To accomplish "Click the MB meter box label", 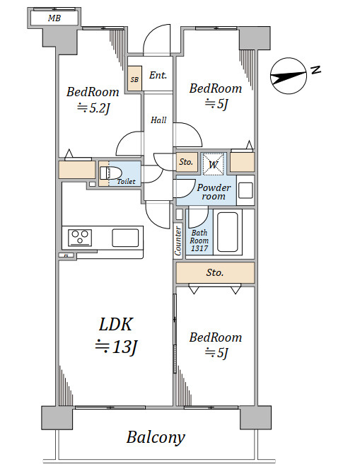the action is [x=54, y=18].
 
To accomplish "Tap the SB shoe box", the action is [x=134, y=79].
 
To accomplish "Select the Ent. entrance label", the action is [x=158, y=75].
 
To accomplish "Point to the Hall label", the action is [x=158, y=120].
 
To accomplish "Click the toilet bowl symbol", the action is [x=110, y=173].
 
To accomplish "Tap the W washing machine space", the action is [x=213, y=164].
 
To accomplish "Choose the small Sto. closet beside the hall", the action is [x=187, y=162].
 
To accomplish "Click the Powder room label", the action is [x=214, y=192].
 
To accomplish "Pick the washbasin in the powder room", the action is [x=245, y=190].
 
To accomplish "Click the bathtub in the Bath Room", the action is [x=228, y=232].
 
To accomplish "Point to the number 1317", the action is [x=199, y=248].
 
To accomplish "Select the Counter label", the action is [x=178, y=241].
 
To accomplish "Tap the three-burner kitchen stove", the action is [x=80, y=238].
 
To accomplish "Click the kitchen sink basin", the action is [x=125, y=238].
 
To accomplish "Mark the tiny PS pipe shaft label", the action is [x=66, y=256].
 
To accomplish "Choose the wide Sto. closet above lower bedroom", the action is [x=215, y=272].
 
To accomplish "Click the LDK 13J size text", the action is [x=116, y=347].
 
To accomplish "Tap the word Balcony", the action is [x=156, y=438].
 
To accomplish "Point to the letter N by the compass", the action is [x=315, y=70].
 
